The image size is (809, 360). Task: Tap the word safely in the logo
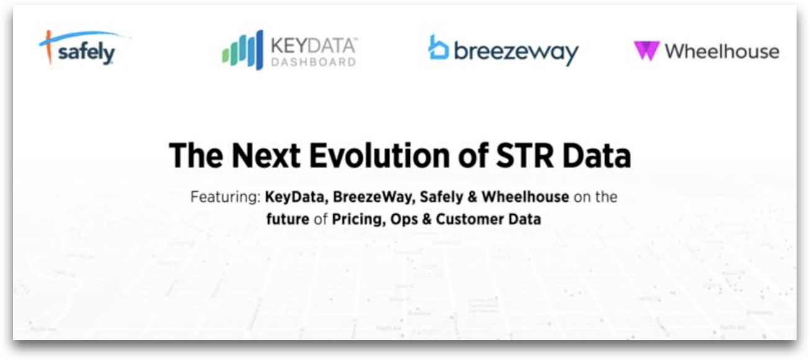click(86, 53)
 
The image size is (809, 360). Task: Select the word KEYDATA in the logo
click(314, 45)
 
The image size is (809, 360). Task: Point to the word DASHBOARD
click(314, 62)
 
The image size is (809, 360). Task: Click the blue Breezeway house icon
click(438, 47)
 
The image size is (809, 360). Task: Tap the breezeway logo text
click(516, 52)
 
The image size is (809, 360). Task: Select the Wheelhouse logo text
click(722, 51)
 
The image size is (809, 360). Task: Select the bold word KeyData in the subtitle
click(295, 197)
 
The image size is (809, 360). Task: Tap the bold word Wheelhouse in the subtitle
click(525, 197)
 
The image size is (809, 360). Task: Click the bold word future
click(288, 219)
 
